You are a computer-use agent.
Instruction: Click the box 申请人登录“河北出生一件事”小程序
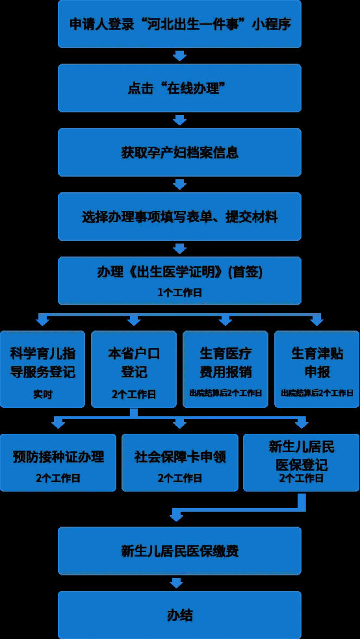[179, 23]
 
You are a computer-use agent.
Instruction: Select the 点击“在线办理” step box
[179, 88]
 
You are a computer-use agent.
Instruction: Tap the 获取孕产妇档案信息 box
[179, 152]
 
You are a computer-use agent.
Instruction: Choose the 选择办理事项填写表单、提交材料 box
[179, 216]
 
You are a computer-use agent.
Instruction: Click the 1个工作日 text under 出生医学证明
[179, 293]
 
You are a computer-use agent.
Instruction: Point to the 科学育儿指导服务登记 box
[42, 370]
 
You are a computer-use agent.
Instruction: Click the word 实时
[42, 394]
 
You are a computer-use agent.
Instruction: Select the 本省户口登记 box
[134, 370]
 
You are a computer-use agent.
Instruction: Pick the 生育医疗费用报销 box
[225, 370]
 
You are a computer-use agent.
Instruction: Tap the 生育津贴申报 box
[316, 370]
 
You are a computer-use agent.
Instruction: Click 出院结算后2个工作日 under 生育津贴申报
[316, 394]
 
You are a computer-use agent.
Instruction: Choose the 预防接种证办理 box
[58, 462]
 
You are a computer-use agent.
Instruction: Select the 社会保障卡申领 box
[180, 462]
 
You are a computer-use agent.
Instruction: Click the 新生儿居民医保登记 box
[302, 462]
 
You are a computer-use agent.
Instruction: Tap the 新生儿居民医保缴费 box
[179, 551]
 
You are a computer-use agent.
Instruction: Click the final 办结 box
[179, 615]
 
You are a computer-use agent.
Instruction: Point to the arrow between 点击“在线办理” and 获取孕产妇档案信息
[179, 120]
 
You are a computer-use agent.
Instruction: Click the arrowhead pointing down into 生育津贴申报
[316, 321]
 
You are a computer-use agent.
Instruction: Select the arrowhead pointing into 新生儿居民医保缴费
[176, 516]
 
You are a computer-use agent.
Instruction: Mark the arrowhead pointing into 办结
[176, 583]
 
